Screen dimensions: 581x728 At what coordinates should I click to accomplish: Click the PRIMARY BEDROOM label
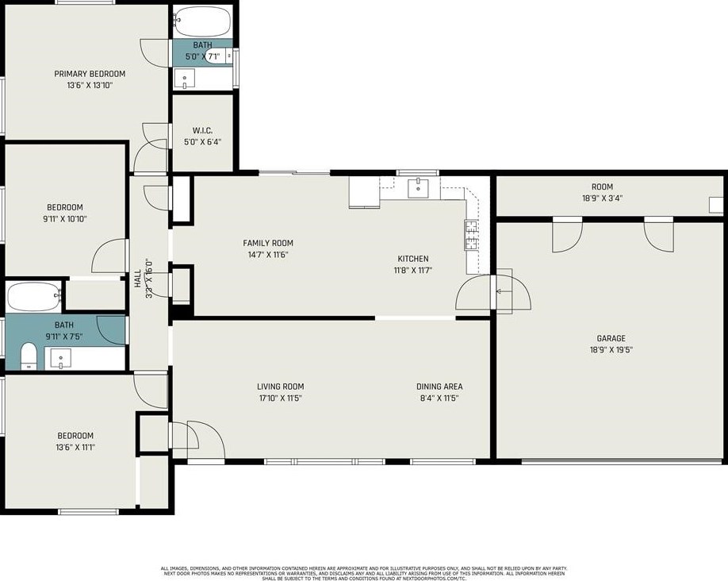90,74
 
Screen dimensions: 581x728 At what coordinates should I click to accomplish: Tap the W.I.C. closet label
202,131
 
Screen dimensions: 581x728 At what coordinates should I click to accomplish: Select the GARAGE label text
611,338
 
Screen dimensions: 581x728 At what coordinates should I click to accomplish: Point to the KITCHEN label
412,259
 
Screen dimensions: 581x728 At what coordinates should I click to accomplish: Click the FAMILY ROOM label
268,243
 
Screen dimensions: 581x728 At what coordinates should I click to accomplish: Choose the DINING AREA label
439,387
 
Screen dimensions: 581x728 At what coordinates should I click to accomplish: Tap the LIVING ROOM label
281,387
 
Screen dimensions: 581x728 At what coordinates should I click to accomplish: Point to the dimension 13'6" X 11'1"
75,447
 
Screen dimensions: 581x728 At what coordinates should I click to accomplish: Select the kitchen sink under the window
418,188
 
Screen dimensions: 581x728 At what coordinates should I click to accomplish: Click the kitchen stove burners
470,235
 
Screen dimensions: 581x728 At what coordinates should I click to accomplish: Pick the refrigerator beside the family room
364,192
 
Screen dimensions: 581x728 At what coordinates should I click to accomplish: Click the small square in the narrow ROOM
715,203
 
